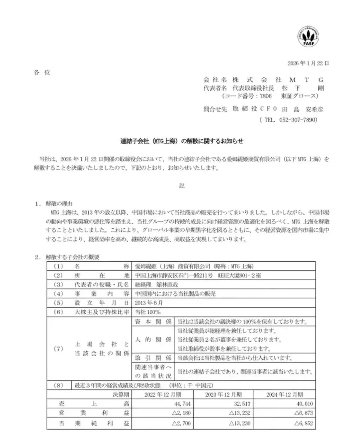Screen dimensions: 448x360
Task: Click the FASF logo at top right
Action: (x=308, y=37)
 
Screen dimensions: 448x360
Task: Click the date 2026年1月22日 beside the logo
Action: (x=308, y=63)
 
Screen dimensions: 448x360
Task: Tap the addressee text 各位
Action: (x=42, y=72)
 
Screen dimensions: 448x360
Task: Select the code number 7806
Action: (x=266, y=96)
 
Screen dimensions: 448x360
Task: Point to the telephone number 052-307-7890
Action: (x=298, y=120)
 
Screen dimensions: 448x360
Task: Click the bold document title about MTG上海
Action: (x=182, y=141)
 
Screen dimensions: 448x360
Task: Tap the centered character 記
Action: (x=182, y=186)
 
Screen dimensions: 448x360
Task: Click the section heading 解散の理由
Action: (x=59, y=203)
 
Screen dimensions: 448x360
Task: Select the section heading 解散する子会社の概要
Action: (x=72, y=257)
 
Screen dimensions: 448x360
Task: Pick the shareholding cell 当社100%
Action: (x=148, y=312)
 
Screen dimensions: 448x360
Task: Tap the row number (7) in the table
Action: (x=58, y=349)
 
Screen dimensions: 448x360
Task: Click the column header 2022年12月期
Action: (x=163, y=395)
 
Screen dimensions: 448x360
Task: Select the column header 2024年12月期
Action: (x=284, y=395)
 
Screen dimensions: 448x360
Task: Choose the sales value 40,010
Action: (x=305, y=404)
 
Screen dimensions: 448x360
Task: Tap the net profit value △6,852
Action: (x=304, y=423)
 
